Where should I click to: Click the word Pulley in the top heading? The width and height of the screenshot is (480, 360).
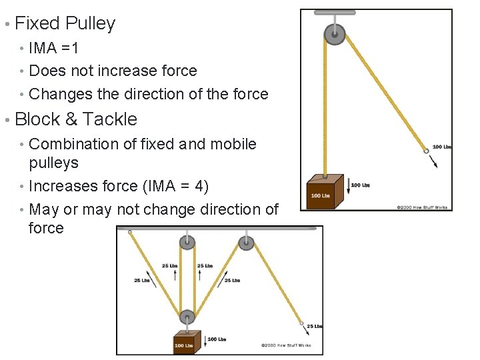[90, 23]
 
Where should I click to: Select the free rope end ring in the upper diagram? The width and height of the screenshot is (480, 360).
[426, 151]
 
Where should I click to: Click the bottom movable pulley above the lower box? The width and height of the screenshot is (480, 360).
[187, 317]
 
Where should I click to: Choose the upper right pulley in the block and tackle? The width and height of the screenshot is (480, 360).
[246, 243]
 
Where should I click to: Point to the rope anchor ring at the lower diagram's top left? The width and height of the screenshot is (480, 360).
[130, 233]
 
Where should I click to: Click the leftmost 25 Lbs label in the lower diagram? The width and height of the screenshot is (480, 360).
[141, 281]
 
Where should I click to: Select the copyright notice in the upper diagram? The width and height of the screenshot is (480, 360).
[423, 207]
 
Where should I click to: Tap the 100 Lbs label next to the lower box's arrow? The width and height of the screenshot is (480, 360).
[217, 339]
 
